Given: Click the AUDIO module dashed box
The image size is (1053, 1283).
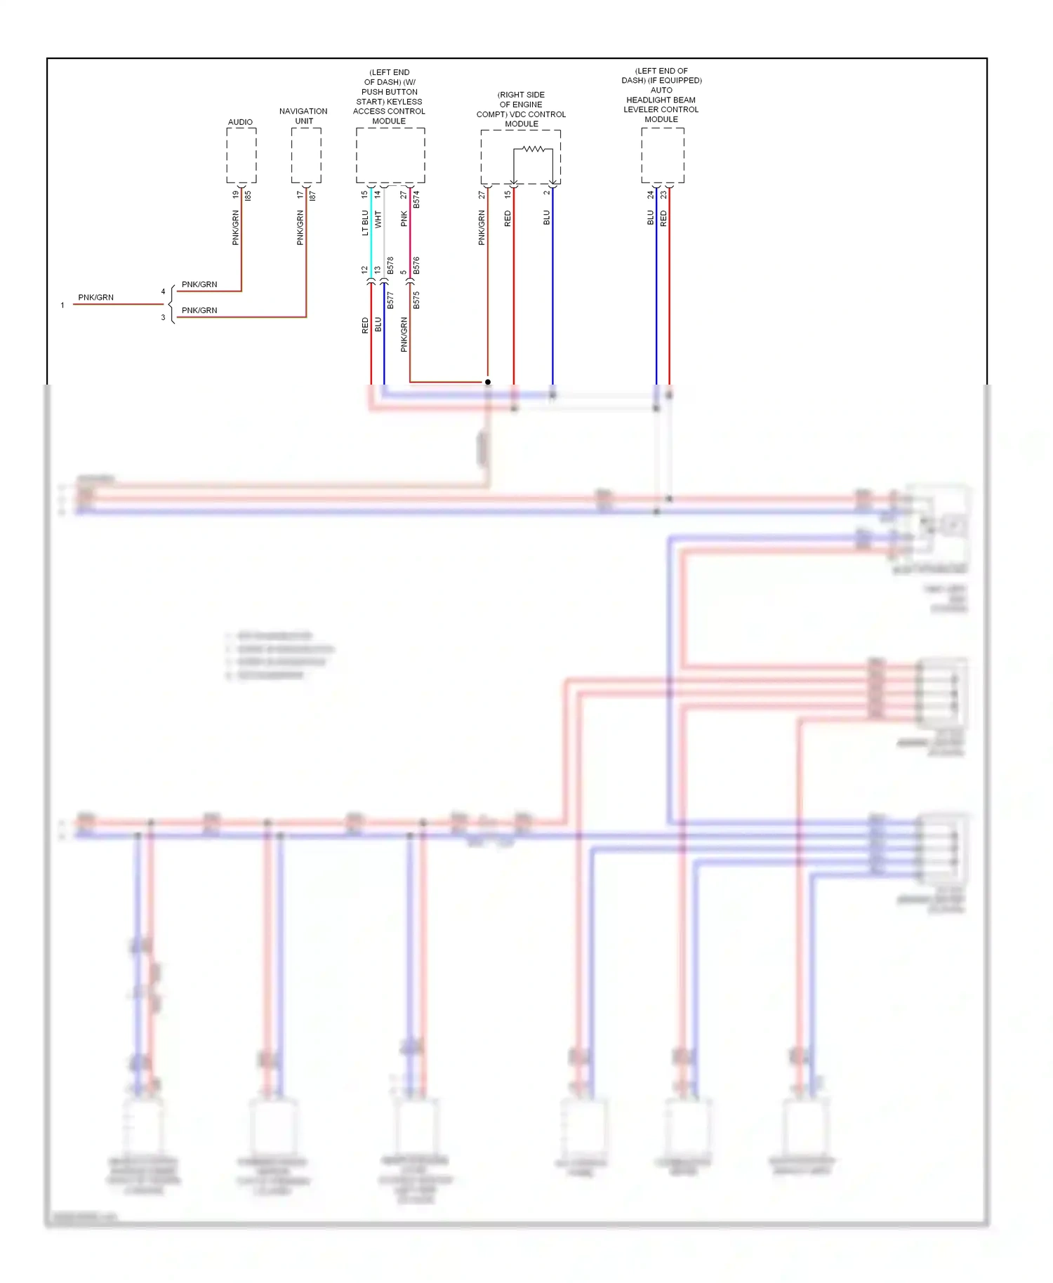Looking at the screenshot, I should coord(241,155).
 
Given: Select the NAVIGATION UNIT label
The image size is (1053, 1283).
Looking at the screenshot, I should coord(303,116).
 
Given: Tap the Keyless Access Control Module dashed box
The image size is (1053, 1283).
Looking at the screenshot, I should coord(390,155).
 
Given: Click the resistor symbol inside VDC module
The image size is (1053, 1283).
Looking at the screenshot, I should coord(534,149).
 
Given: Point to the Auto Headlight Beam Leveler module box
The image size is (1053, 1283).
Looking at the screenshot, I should coord(662,155).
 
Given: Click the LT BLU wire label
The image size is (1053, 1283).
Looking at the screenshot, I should coord(365,222).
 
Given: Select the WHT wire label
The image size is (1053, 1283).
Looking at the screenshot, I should coord(378,219).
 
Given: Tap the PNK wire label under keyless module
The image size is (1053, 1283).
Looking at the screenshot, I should coord(404,219).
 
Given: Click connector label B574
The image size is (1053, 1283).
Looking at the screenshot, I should coord(416,199).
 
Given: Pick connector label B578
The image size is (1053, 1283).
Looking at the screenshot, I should coord(390,266).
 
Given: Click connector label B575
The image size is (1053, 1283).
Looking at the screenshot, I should coord(416,300).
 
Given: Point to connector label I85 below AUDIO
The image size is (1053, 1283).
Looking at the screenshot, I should coord(248,196).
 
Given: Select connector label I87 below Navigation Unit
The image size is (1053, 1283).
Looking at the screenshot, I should coord(312,196).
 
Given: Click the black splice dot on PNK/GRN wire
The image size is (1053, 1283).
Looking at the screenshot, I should coord(487,382).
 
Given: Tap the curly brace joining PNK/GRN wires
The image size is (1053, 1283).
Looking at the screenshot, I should coord(171,304).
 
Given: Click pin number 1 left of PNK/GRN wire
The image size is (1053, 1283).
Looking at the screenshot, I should coord(62,305).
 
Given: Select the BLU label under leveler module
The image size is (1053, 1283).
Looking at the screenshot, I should coord(650,218).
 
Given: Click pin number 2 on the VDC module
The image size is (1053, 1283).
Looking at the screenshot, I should coord(546,193).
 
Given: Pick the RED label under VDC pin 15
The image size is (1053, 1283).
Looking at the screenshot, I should coord(508,218).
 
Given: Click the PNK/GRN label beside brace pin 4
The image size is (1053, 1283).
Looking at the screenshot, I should coord(199,284).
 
